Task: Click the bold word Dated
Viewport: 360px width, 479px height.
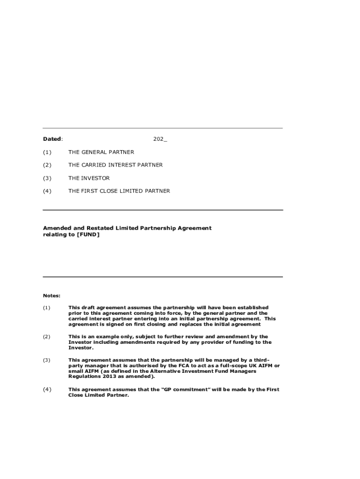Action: pyautogui.click(x=52, y=139)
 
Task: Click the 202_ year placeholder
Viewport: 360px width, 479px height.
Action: pyautogui.click(x=160, y=139)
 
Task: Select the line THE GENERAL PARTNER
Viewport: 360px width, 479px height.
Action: pyautogui.click(x=101, y=152)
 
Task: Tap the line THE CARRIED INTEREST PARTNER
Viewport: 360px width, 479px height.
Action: pyautogui.click(x=115, y=165)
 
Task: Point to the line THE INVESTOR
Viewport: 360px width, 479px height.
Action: pyautogui.click(x=89, y=178)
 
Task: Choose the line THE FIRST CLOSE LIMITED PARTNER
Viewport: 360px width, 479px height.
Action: pyautogui.click(x=119, y=191)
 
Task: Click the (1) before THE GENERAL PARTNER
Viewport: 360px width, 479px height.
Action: pyautogui.click(x=47, y=152)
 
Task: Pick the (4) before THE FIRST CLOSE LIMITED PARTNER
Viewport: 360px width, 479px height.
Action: pyautogui.click(x=47, y=191)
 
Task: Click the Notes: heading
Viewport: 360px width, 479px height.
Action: pyautogui.click(x=51, y=296)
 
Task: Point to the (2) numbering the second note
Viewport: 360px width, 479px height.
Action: pyautogui.click(x=47, y=337)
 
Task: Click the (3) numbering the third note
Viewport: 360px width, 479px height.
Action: pyautogui.click(x=47, y=360)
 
